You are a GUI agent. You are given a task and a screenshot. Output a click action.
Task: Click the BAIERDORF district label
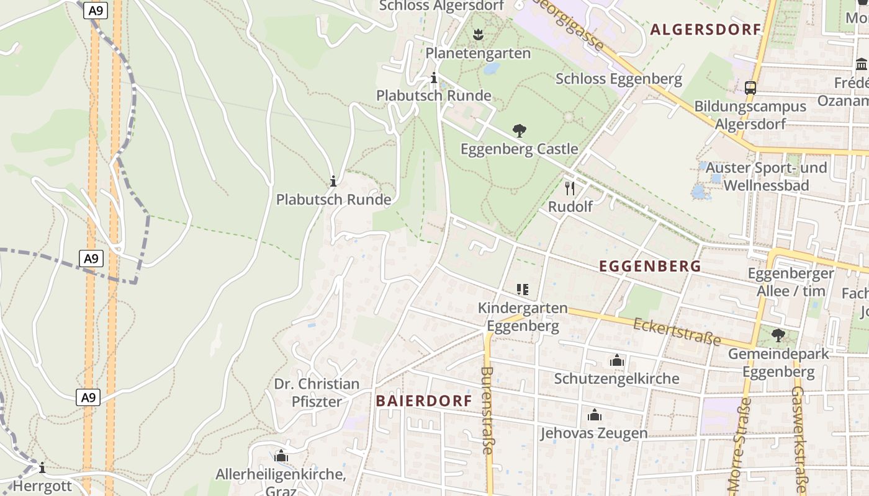pyautogui.click(x=424, y=401)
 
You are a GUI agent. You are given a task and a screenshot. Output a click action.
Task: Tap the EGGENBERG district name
pyautogui.click(x=650, y=267)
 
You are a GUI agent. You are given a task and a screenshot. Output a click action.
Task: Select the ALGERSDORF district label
pyautogui.click(x=705, y=30)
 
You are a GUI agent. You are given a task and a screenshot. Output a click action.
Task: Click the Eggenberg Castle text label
pyautogui.click(x=519, y=149)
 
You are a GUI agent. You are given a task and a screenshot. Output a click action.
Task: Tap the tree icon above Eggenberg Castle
pyautogui.click(x=520, y=130)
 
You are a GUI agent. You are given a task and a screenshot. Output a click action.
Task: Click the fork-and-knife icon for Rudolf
pyautogui.click(x=570, y=188)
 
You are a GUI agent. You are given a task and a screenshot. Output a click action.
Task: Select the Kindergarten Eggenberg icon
pyautogui.click(x=522, y=290)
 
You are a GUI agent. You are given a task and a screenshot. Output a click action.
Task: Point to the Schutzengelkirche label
pyautogui.click(x=616, y=378)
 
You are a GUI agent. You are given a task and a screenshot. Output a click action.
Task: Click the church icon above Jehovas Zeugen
pyautogui.click(x=595, y=415)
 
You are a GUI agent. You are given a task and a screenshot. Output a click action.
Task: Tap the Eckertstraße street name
pyautogui.click(x=677, y=332)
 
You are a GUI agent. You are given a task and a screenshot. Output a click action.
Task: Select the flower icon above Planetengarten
pyautogui.click(x=477, y=35)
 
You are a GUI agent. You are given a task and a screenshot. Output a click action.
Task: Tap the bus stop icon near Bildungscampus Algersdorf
pyautogui.click(x=750, y=88)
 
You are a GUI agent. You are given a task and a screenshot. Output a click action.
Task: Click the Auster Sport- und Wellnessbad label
pyautogui.click(x=766, y=177)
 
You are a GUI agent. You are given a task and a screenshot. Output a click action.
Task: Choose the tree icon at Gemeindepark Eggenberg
pyautogui.click(x=778, y=335)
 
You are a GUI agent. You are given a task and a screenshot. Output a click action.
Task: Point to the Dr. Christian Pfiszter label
pyautogui.click(x=317, y=392)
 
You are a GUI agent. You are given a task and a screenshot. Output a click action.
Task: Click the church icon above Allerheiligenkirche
pyautogui.click(x=281, y=456)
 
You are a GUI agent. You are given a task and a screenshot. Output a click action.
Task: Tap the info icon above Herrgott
pyautogui.click(x=42, y=467)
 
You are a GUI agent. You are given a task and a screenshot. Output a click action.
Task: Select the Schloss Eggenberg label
pyautogui.click(x=618, y=79)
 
